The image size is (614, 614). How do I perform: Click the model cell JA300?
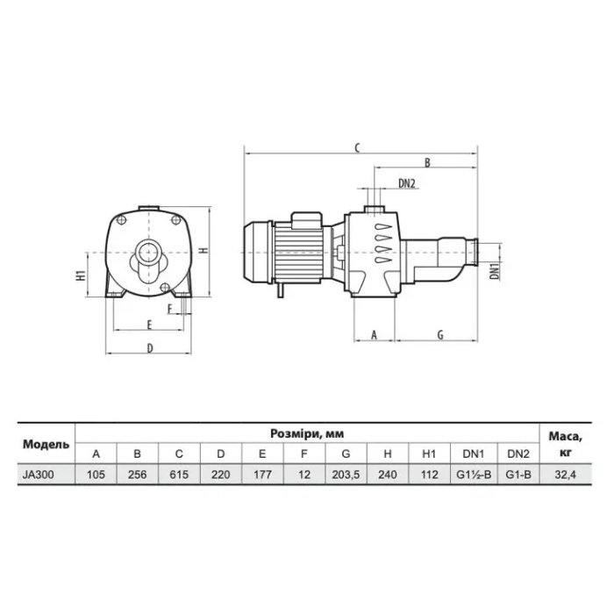pyautogui.click(x=38, y=475)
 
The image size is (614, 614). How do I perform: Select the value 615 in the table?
pyautogui.click(x=179, y=475)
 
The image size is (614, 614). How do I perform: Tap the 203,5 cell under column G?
pyautogui.click(x=346, y=475)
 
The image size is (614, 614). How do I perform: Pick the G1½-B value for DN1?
pyautogui.click(x=474, y=475)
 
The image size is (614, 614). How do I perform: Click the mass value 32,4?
pyautogui.click(x=565, y=475)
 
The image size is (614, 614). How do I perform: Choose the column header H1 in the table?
pyautogui.click(x=429, y=453)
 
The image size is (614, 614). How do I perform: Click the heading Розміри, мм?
pyautogui.click(x=307, y=433)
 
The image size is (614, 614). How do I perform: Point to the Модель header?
pyautogui.click(x=46, y=444)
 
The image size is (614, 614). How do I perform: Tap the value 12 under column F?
pyautogui.click(x=303, y=475)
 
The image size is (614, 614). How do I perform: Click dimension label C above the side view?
pyautogui.click(x=357, y=148)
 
